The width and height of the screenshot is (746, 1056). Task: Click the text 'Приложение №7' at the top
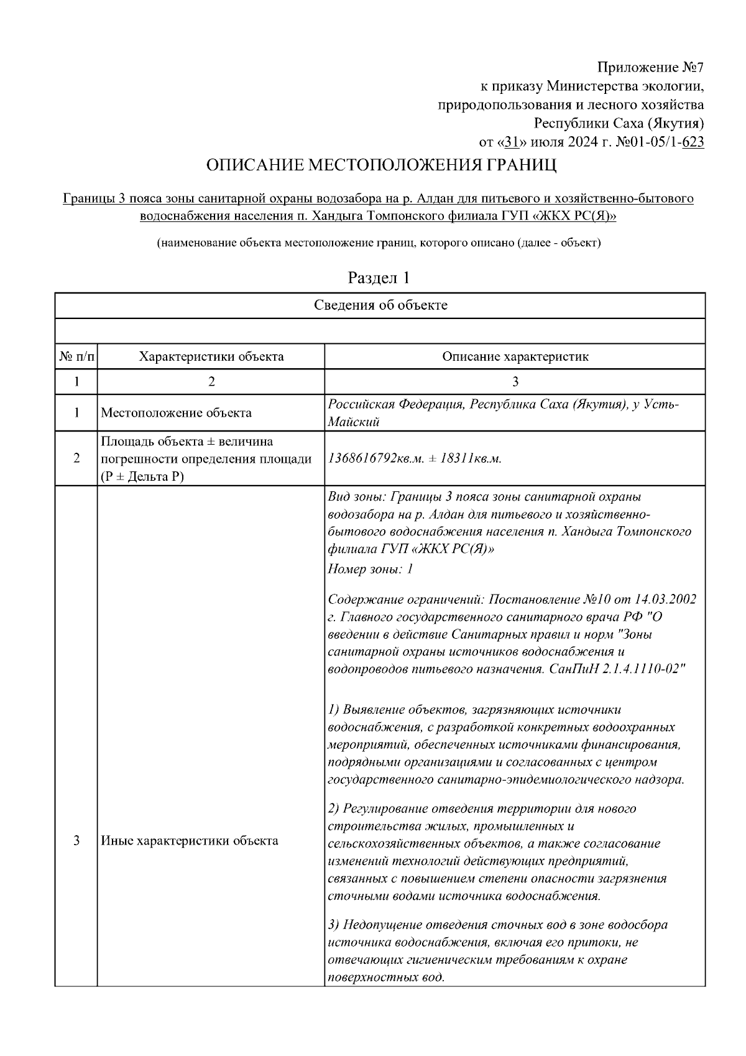point(650,67)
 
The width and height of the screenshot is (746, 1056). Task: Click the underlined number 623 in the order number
point(693,142)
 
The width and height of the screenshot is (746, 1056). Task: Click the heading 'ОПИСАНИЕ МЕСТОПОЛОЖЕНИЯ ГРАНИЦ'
point(381,166)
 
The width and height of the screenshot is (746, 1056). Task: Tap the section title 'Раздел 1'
point(379,278)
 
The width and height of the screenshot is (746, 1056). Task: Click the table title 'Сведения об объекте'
point(380,305)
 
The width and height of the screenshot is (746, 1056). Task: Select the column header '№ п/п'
point(76,357)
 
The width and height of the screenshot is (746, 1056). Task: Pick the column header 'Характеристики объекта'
point(211,357)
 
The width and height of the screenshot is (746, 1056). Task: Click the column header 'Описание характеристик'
point(515,357)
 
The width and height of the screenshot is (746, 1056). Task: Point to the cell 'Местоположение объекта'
point(177,413)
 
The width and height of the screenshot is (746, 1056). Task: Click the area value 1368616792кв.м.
point(375,459)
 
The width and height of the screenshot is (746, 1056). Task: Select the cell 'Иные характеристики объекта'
point(190,841)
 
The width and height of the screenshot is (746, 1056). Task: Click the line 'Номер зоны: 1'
point(371,569)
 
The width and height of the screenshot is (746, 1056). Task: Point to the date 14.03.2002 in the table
point(665,600)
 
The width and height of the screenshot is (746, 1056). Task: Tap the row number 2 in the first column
point(76,459)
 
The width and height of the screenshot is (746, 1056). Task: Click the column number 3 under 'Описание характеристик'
point(515,382)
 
